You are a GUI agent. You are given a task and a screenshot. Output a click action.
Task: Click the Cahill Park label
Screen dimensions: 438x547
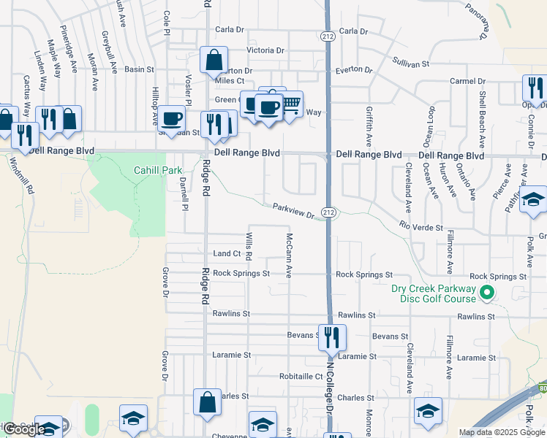tap(157, 170)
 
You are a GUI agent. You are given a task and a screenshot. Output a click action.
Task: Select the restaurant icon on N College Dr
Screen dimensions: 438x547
tap(331, 337)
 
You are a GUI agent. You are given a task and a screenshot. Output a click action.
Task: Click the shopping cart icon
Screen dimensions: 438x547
tap(291, 104)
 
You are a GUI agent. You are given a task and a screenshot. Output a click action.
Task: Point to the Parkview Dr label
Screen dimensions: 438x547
tap(293, 211)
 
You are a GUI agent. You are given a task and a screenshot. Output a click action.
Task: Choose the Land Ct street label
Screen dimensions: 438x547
tap(227, 253)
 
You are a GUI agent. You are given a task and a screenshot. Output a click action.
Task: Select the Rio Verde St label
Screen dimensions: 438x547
tap(421, 227)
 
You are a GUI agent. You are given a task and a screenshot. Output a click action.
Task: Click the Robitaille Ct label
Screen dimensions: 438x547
tap(301, 377)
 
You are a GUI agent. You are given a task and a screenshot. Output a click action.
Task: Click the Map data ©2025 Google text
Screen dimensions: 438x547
tap(502, 432)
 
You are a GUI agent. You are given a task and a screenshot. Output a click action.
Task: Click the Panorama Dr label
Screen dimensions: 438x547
tap(476, 20)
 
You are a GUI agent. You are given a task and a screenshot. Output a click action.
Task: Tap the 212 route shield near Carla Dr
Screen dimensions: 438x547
tap(325, 34)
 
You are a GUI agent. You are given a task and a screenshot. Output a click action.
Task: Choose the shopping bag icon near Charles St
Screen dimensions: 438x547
tap(207, 401)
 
